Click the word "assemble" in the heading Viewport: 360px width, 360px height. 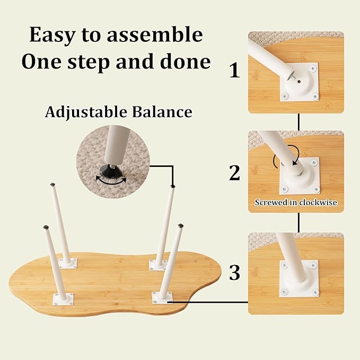pos(154,35)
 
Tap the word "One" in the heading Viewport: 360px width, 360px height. pos(41,62)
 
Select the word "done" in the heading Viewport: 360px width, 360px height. pos(186,62)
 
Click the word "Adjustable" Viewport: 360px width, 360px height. pos(86,112)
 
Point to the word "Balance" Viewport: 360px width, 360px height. pos(162,112)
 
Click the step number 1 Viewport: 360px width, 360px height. pos(235,71)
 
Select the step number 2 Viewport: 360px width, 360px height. pos(234,172)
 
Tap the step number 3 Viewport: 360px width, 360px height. pos(235,273)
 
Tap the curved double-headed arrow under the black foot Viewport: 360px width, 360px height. pos(111,181)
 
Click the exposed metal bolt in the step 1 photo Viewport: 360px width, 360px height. pos(291,77)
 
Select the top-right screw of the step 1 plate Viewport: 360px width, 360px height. pos(313,68)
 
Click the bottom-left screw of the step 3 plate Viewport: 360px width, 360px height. pos(285,292)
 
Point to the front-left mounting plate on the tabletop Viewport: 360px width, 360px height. pos(64,299)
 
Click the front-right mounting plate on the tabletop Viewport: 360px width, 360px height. pos(163,297)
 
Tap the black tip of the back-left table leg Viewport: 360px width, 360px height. pos(53,185)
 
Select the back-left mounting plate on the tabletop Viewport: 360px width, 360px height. pos(68,263)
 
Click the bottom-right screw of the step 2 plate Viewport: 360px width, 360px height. pos(316,189)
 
